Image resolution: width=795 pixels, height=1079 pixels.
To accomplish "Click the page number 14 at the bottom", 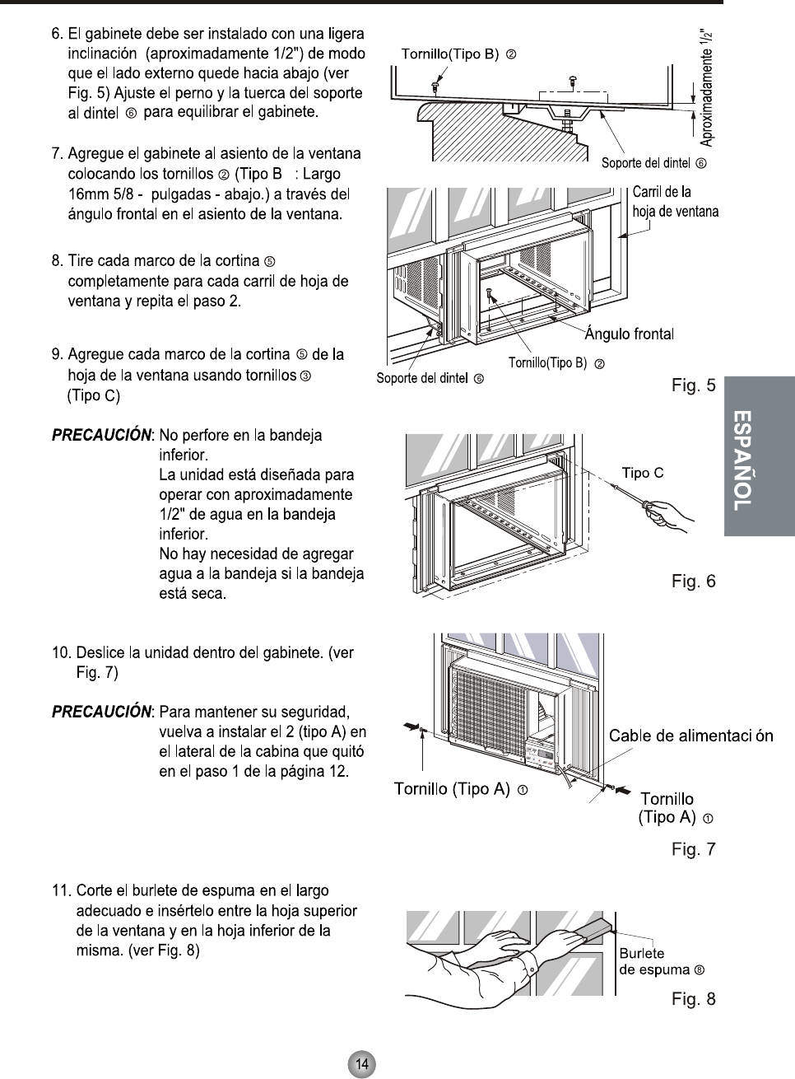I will pos(361,1063).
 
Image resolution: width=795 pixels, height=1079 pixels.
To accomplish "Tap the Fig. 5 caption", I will pos(693,385).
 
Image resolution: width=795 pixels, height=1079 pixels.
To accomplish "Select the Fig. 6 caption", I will pos(693,582).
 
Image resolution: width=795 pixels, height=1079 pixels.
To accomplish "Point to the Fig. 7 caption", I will pos(693,849).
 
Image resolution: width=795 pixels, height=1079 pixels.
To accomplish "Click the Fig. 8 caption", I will pos(693,999).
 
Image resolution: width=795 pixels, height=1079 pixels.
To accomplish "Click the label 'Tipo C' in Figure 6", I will pos(642,473).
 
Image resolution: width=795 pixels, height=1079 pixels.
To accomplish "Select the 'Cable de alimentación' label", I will pos(690,736).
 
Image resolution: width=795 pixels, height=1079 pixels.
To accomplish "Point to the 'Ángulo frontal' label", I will pos(629,334).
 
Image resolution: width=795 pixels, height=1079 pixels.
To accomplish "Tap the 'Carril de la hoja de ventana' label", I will pos(675,202).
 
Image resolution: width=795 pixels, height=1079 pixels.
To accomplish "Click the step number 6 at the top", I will pos(57,35).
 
